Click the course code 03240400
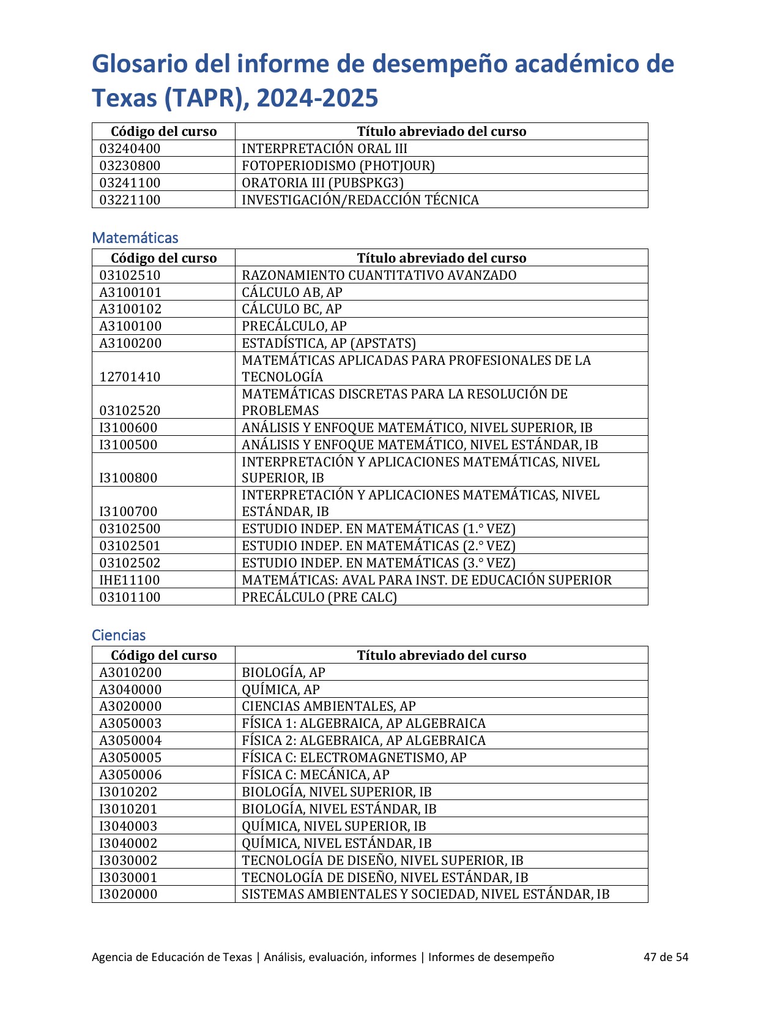[130, 149]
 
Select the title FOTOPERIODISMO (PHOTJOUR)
[338, 166]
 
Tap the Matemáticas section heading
[135, 238]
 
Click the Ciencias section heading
[119, 635]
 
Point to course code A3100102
[130, 309]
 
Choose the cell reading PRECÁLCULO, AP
[294, 326]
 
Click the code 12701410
[130, 377]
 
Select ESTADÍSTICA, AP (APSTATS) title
[329, 343]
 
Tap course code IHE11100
[130, 580]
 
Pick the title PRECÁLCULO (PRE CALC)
[319, 597]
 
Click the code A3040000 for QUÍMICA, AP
[130, 690]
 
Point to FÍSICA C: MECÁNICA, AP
[316, 775]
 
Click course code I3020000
[128, 894]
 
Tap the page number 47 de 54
[666, 957]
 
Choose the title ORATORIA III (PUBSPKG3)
[323, 183]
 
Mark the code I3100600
[128, 428]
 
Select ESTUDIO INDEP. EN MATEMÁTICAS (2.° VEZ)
[379, 546]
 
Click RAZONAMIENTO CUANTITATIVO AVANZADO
[379, 275]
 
